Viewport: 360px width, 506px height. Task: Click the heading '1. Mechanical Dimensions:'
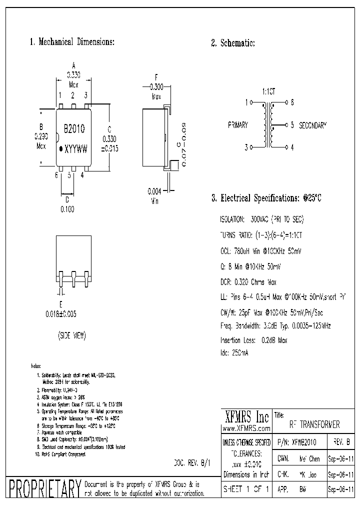coord(72,42)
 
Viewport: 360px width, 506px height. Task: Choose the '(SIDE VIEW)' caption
coord(71,336)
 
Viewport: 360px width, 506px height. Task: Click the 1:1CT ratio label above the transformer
coord(268,92)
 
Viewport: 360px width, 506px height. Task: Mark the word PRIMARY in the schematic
coord(237,125)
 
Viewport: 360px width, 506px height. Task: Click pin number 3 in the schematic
coord(246,147)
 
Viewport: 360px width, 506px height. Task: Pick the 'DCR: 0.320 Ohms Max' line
coord(248,282)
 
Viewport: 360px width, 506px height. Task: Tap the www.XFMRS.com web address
coord(246,428)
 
